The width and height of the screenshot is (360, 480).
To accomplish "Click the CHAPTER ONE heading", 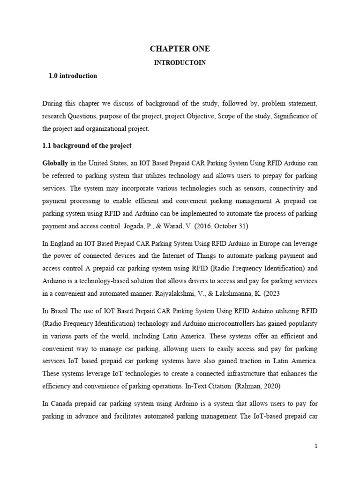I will pos(180,49).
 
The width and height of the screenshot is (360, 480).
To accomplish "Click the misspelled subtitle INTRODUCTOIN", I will pos(180,63).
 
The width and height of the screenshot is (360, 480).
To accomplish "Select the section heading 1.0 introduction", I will pos(73,75).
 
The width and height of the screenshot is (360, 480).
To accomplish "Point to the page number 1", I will pos(316,446).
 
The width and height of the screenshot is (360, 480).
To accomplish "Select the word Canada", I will pos(61,390).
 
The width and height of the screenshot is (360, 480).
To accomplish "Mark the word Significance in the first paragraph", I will pos(295,115).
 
